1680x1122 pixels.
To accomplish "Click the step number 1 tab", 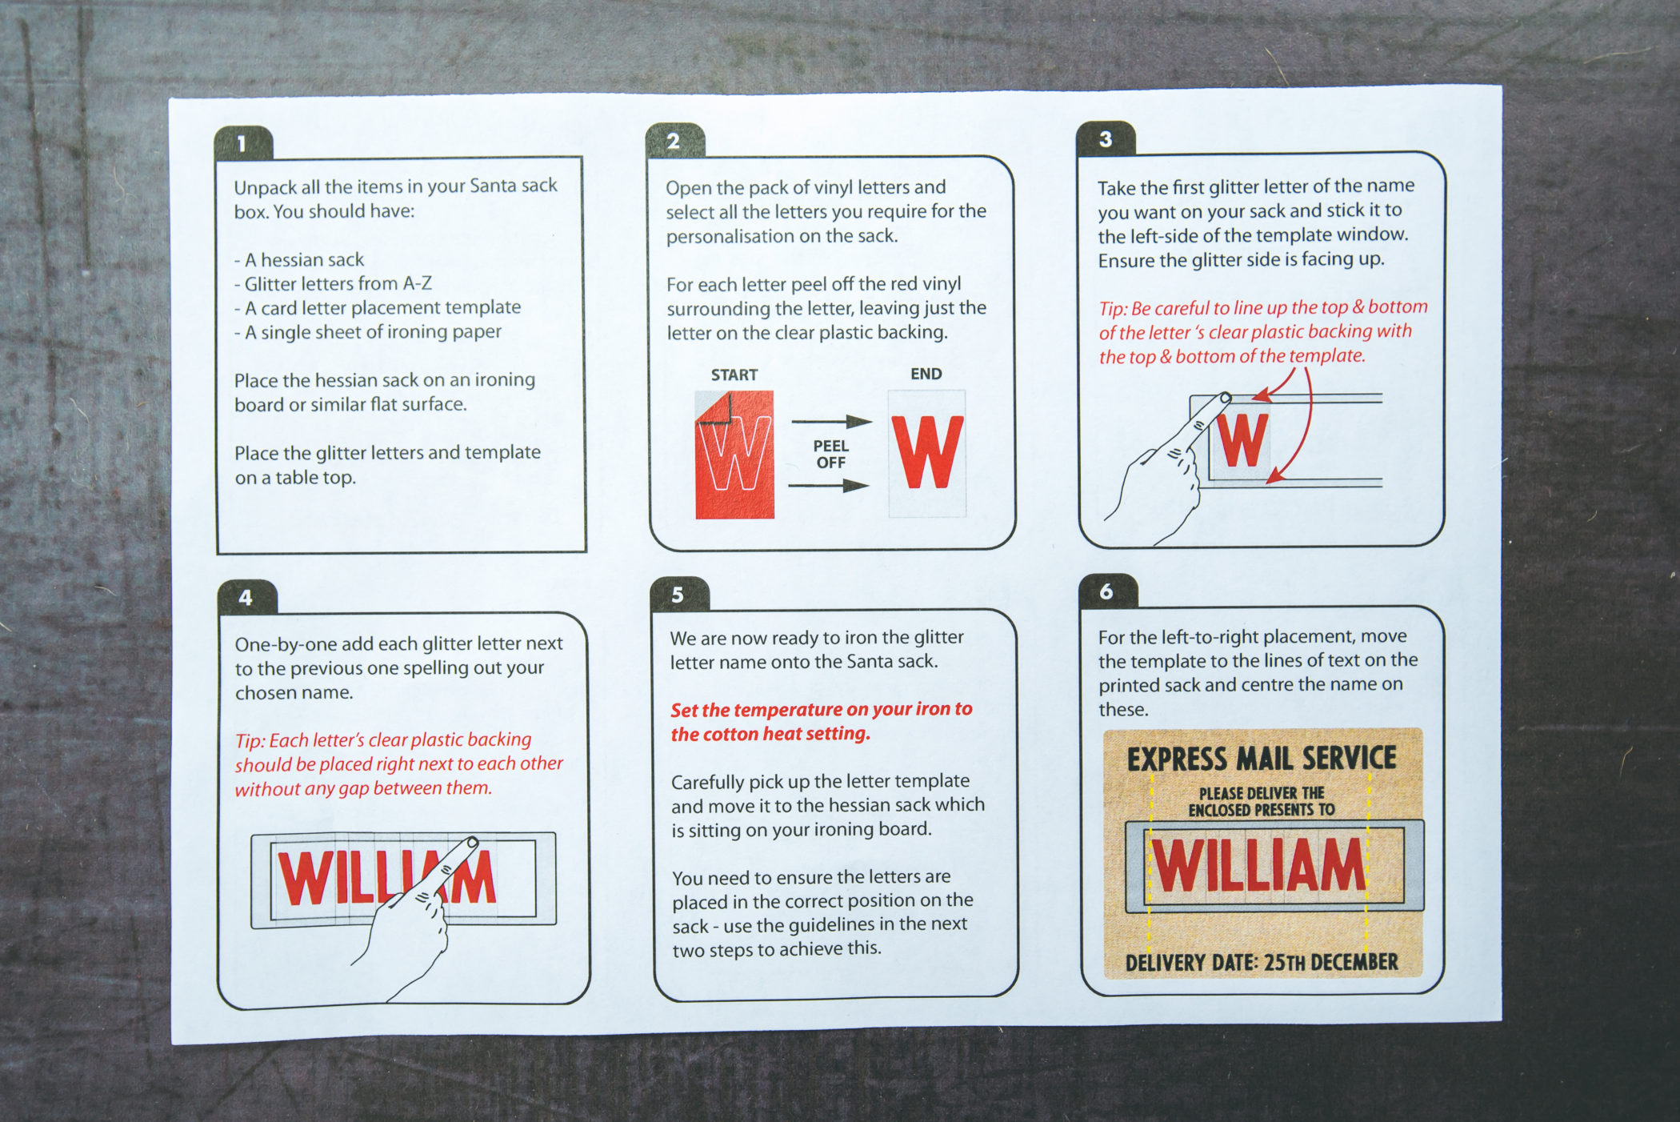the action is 243,143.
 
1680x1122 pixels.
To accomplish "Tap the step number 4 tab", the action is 246,597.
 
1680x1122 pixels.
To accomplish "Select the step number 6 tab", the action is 1107,591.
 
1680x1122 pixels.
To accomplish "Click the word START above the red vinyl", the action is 734,375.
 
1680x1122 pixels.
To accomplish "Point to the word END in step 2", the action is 926,374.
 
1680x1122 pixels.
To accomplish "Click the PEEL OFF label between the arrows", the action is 830,454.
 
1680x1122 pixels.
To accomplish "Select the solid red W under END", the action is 928,452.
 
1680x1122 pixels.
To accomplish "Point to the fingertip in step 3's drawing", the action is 1225,397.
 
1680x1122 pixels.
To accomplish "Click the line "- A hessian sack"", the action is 298,260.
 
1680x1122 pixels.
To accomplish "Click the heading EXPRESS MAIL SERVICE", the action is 1262,759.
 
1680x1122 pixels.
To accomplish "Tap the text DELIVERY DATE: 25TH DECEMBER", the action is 1262,962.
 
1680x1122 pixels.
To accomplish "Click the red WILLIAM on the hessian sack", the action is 1258,866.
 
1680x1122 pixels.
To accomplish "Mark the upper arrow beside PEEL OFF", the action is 831,421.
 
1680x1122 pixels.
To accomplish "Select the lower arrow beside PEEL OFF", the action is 829,485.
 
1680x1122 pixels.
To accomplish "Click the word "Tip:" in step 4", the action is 250,741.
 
